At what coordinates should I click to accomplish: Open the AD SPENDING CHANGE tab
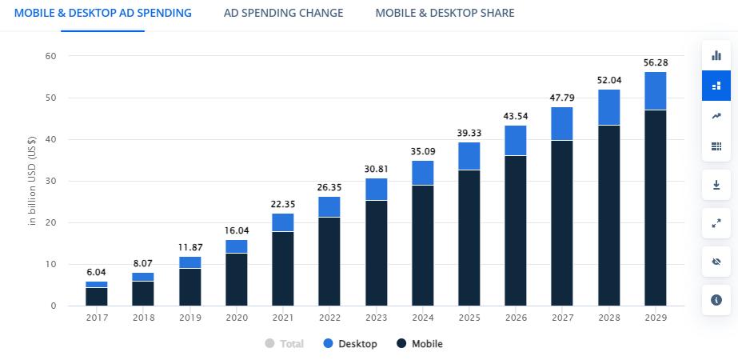(x=284, y=13)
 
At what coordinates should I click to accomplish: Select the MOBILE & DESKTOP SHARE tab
(x=445, y=13)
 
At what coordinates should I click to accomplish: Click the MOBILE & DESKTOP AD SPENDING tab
(x=103, y=13)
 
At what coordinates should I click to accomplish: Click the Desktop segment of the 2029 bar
(x=656, y=90)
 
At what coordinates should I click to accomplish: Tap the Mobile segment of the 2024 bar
(x=423, y=245)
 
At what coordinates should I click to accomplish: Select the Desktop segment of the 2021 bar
(x=283, y=222)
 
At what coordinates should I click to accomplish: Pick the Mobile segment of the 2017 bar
(x=97, y=296)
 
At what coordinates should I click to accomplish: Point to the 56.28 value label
(x=656, y=62)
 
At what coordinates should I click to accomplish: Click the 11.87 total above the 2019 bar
(x=189, y=247)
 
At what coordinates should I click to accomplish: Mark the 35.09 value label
(x=423, y=150)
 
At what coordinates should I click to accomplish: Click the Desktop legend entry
(x=349, y=344)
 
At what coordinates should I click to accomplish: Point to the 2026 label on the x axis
(x=516, y=318)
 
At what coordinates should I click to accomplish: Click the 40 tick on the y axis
(x=50, y=139)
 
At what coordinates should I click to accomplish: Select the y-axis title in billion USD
(x=33, y=181)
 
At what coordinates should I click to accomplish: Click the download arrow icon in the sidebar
(x=716, y=185)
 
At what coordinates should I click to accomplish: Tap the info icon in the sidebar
(x=716, y=299)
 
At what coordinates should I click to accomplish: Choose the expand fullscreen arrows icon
(x=716, y=223)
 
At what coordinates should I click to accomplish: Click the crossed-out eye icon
(x=716, y=261)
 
